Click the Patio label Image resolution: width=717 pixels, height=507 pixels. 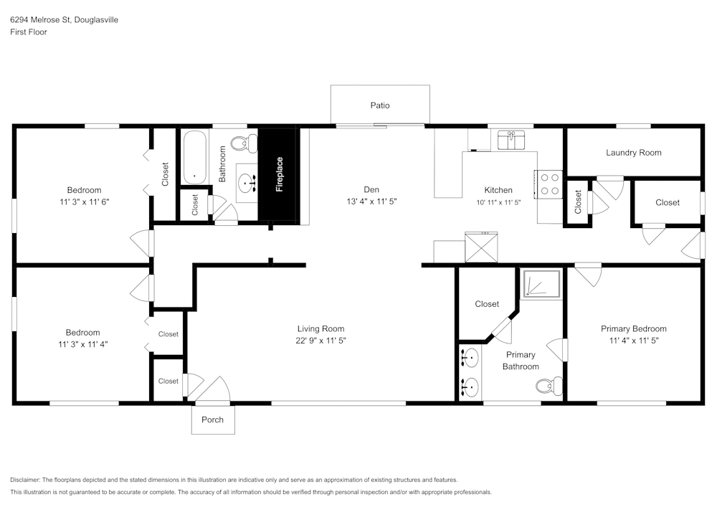click(x=380, y=105)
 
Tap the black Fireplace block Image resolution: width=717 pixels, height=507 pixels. click(x=279, y=174)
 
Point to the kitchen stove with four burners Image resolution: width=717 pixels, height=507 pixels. click(x=549, y=184)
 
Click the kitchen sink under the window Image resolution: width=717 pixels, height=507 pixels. click(x=511, y=139)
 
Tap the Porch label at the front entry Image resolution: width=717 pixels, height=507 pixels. click(x=212, y=420)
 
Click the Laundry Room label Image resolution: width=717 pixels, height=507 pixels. click(x=633, y=153)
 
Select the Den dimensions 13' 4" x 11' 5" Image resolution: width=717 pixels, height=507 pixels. click(x=371, y=202)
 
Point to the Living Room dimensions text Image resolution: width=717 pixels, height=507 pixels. click(x=320, y=341)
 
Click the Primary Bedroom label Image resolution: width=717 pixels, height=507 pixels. click(x=633, y=329)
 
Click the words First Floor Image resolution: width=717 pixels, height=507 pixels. click(x=29, y=32)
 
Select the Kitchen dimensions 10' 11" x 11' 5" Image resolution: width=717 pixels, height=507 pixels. click(x=498, y=202)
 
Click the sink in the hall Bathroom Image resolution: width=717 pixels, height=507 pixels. click(x=250, y=183)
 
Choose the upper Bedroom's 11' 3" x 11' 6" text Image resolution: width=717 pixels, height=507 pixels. click(x=84, y=202)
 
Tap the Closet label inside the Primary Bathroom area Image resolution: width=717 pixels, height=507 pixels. click(x=487, y=304)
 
